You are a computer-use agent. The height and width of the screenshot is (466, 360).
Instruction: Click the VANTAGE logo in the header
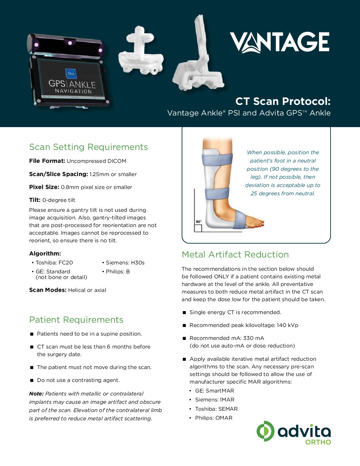280,42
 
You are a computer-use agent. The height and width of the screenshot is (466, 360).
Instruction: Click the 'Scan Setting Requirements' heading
88,147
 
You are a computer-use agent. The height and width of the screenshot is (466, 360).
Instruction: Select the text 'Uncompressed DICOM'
96,161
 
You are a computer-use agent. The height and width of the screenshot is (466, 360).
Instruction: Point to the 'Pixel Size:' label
44,187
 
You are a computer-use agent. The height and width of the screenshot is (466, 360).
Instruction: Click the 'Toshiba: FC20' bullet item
54,262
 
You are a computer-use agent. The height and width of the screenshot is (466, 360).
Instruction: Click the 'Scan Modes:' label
48,290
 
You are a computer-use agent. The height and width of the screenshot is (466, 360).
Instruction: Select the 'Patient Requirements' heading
76,320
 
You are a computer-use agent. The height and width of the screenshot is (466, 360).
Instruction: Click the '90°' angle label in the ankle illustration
198,221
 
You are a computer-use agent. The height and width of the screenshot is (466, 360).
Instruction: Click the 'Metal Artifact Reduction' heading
235,255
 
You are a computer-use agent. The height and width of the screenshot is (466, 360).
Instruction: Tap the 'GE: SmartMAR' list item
214,391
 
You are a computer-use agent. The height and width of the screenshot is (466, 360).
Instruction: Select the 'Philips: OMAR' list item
214,418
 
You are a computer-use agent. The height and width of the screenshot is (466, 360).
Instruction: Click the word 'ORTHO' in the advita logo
318,442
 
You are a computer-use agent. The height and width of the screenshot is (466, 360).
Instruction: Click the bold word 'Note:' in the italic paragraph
36,394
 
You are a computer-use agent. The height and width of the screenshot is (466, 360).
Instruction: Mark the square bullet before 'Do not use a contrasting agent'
32,380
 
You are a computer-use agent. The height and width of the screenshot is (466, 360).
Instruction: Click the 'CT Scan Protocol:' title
283,101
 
